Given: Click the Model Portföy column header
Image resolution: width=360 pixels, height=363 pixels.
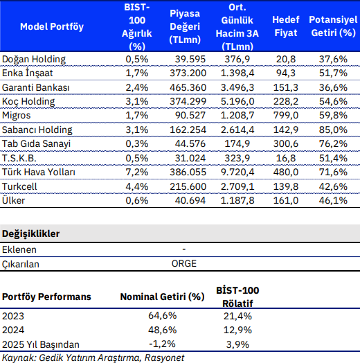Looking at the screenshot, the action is [52, 26].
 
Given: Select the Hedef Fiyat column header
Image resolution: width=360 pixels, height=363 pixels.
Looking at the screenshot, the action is [286, 26].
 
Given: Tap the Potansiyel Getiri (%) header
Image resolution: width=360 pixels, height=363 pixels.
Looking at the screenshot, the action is [333, 26].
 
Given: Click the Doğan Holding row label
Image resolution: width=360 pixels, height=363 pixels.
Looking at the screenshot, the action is [34, 60].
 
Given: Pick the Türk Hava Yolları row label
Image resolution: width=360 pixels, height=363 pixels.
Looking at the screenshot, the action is [39, 172].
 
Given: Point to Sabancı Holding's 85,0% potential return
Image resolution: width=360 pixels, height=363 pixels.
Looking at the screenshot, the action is [333, 130].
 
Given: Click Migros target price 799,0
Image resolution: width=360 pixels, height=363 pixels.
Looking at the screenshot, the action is [286, 115].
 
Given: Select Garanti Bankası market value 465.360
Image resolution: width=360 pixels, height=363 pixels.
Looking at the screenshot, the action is [188, 87].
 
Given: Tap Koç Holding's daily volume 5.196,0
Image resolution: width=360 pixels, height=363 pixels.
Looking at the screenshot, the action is [237, 101].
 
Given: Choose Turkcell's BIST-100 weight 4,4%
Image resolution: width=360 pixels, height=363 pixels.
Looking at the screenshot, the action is [137, 186].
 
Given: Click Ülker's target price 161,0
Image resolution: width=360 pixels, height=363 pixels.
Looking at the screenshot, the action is [286, 200].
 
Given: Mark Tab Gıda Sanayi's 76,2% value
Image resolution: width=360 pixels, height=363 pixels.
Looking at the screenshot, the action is [333, 144].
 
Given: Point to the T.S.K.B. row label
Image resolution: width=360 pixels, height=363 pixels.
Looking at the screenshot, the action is [19, 159].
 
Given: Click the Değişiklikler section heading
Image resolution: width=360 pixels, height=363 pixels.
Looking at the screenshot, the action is [30, 233].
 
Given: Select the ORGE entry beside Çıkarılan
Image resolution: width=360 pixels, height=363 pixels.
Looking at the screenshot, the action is [184, 264].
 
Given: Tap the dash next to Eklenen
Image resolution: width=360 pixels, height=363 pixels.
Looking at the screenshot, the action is [184, 249].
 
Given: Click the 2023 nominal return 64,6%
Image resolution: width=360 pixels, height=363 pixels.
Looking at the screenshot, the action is [163, 316].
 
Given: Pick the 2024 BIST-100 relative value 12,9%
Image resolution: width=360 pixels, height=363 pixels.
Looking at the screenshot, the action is [237, 330].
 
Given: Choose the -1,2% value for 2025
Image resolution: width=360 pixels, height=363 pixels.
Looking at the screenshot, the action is [162, 344].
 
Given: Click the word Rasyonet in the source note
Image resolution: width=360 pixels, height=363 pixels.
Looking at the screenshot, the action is [164, 358].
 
